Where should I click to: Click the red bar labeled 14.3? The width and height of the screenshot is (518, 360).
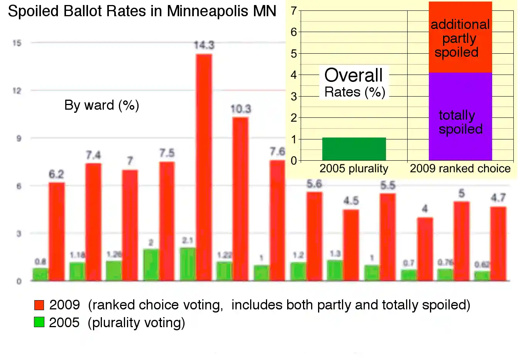tap(204, 167)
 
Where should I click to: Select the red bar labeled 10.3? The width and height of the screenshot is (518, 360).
tap(240, 199)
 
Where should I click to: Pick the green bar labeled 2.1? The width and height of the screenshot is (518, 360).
tap(188, 264)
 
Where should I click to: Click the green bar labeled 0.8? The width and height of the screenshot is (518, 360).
tap(40, 274)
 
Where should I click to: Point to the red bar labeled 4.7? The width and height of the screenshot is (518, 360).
tap(498, 243)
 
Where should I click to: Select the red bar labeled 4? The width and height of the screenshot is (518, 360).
tap(425, 249)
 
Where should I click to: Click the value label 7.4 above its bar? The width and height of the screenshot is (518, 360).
tap(93, 155)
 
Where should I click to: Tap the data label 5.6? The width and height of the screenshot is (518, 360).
tap(314, 184)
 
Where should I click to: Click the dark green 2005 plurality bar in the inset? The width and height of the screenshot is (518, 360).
tap(354, 149)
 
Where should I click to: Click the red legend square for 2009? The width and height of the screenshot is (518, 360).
tap(39, 305)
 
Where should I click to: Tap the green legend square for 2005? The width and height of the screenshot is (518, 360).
tap(39, 322)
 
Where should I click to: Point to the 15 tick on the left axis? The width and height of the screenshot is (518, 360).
tap(17, 43)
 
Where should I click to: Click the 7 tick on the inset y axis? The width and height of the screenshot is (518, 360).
tap(294, 11)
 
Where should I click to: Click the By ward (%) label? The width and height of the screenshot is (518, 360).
tap(102, 105)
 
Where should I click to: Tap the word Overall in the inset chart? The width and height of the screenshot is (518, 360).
tap(354, 75)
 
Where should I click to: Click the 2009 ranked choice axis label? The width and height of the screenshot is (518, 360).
tap(460, 169)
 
